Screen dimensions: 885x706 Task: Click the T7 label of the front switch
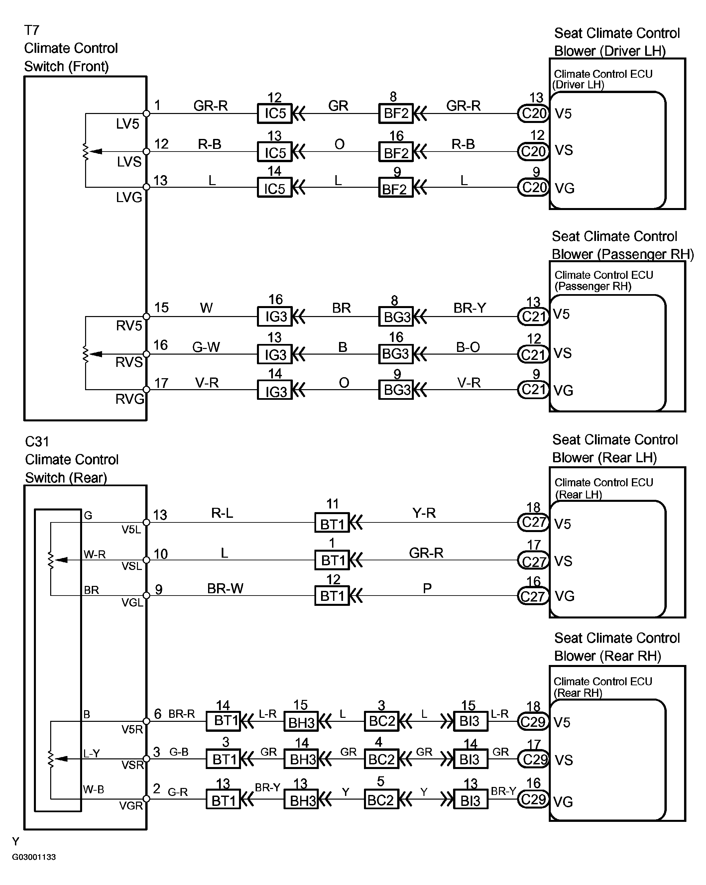tap(32, 30)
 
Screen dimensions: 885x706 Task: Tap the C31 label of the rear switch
tap(37, 442)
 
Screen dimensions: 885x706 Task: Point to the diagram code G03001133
tap(34, 857)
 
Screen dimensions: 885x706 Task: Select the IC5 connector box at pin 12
tap(274, 113)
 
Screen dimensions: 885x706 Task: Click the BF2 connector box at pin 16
tap(396, 152)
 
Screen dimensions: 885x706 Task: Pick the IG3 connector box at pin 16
tap(275, 316)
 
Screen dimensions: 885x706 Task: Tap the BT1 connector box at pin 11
tap(332, 523)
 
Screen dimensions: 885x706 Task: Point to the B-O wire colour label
tap(468, 347)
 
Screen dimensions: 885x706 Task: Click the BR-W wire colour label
tap(225, 589)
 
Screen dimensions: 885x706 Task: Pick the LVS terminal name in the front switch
tap(129, 162)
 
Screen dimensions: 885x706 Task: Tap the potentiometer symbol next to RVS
tap(86, 354)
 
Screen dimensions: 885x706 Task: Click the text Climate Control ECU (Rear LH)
tap(603, 488)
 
